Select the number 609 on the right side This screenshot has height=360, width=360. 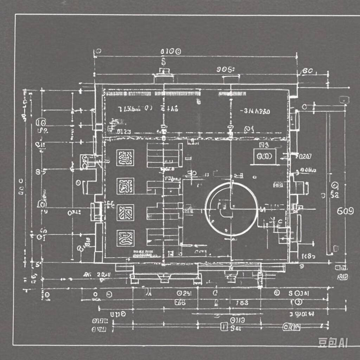(x=345, y=211)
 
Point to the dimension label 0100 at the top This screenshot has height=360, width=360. (x=171, y=52)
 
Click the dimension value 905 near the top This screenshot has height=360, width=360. (x=225, y=69)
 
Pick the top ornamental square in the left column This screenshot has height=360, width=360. (x=125, y=158)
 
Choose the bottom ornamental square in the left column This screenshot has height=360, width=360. (x=125, y=238)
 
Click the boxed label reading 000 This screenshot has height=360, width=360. (x=265, y=156)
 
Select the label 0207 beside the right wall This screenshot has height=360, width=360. (x=304, y=156)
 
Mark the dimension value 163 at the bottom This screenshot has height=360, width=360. (x=242, y=302)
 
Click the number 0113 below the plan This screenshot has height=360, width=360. (x=238, y=320)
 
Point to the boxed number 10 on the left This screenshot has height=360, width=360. (x=41, y=123)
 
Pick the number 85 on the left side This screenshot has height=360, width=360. (x=41, y=172)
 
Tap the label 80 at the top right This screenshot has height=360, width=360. (x=307, y=71)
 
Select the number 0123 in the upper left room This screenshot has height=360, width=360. (x=124, y=132)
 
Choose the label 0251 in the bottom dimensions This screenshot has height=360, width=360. (x=184, y=293)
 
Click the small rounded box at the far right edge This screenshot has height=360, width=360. (x=343, y=99)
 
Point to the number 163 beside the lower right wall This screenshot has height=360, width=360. (x=308, y=256)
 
